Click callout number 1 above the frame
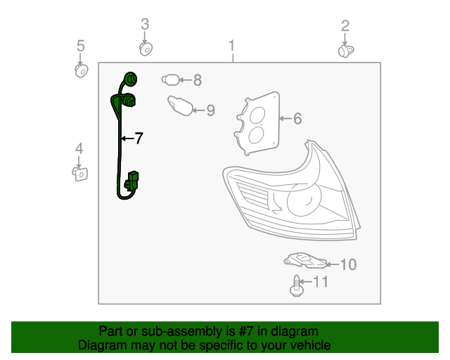(x=231, y=47)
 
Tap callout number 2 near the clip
(x=345, y=27)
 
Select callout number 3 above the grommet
(x=145, y=25)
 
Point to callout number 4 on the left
(x=79, y=148)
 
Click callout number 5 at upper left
(x=80, y=46)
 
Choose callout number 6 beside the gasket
(x=297, y=119)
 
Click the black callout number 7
(x=139, y=139)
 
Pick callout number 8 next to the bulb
(x=198, y=80)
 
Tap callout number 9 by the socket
(x=210, y=110)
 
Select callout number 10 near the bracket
(x=348, y=264)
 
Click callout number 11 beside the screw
(x=321, y=282)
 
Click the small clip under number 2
(x=345, y=51)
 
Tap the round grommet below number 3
(x=146, y=49)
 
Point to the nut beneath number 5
(x=81, y=71)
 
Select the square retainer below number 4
(x=80, y=172)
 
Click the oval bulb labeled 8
(x=172, y=80)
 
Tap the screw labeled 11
(x=297, y=286)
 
